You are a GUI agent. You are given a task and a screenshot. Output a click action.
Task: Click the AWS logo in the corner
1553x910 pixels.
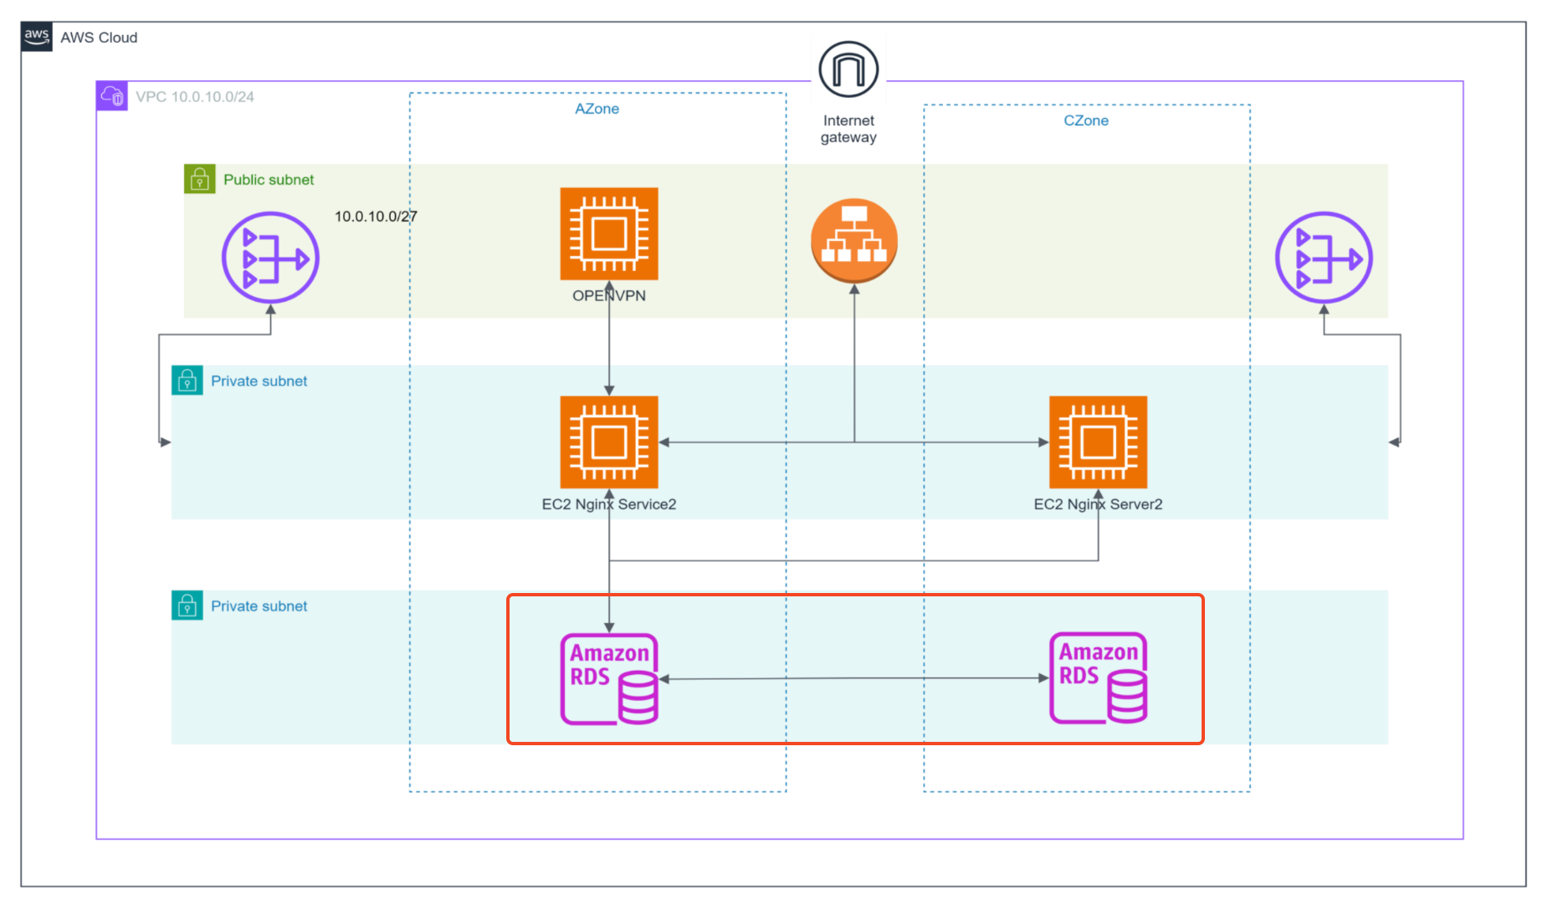tap(37, 37)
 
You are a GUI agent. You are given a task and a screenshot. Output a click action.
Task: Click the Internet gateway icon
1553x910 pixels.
tap(848, 69)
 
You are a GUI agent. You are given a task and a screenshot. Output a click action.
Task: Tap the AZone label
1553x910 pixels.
tap(597, 109)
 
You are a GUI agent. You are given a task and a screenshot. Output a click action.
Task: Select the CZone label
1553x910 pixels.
tap(1085, 120)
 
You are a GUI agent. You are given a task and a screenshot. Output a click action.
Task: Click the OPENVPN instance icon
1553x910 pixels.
tap(609, 234)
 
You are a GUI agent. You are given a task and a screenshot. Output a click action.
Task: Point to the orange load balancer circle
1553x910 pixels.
tap(853, 241)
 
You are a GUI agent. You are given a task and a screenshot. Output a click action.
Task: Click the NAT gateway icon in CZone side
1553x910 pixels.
tap(1323, 258)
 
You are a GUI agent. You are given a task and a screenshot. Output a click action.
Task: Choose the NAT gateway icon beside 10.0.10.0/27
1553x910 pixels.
tap(270, 258)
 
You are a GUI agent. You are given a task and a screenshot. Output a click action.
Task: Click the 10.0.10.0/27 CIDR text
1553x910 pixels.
tap(376, 217)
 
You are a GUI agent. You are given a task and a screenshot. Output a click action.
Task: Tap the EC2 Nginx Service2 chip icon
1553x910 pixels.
tap(609, 442)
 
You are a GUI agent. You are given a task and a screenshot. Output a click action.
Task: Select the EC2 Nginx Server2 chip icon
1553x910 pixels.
tap(1098, 442)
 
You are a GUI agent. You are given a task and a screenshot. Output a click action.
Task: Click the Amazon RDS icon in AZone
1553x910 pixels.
tap(609, 678)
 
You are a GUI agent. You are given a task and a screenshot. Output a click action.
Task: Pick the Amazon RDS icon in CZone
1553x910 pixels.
tap(1098, 677)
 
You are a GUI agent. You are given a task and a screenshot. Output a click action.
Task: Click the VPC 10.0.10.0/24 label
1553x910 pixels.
tap(195, 97)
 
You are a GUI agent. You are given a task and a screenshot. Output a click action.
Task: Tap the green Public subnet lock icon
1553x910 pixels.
tap(199, 179)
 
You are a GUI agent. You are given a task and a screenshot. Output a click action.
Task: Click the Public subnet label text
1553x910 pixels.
tap(269, 180)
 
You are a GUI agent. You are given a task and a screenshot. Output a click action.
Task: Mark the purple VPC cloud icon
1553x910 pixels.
tap(112, 96)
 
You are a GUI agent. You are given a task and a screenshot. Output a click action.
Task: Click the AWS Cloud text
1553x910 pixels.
tap(99, 38)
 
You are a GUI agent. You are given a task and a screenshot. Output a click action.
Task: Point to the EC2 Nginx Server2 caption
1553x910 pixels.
tap(1098, 504)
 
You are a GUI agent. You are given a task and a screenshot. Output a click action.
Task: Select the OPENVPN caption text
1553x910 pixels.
tap(609, 296)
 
